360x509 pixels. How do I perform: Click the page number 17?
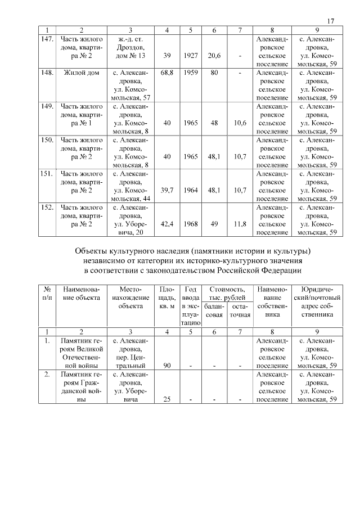pyautogui.click(x=331, y=21)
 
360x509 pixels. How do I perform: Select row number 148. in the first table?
pyautogui.click(x=47, y=73)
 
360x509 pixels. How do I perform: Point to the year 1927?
pyautogui.click(x=191, y=56)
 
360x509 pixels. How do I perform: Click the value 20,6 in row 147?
pyautogui.click(x=214, y=56)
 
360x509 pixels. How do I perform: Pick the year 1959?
pyautogui.click(x=191, y=73)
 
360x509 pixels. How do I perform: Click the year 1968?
pyautogui.click(x=191, y=224)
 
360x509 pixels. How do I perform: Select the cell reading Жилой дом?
pyautogui.click(x=82, y=73)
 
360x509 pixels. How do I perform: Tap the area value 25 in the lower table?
pyautogui.click(x=166, y=399)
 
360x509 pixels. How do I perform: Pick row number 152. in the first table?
pyautogui.click(x=47, y=208)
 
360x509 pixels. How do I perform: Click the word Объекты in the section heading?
pyautogui.click(x=93, y=250)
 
